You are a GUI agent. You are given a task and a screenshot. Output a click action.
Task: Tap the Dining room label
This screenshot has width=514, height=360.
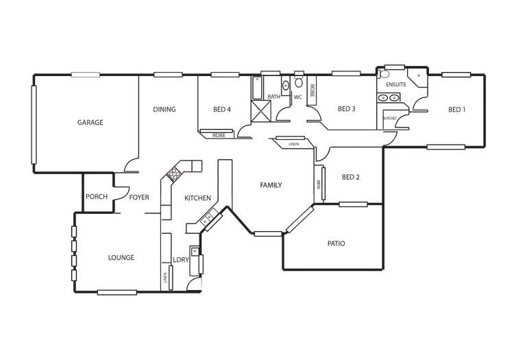pos(164,110)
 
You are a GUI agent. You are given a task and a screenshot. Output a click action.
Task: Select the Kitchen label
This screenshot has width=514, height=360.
pos(196,197)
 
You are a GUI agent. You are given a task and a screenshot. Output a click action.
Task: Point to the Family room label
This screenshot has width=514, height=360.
pos(271,187)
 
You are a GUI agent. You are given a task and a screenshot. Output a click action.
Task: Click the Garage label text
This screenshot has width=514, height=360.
pos(89,122)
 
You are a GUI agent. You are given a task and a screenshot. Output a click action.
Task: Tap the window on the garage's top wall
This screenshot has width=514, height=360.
pos(87,70)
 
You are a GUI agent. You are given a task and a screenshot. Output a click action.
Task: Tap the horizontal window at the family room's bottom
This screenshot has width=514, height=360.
pos(268,235)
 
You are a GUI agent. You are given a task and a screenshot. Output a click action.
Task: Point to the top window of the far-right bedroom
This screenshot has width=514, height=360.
pos(454,73)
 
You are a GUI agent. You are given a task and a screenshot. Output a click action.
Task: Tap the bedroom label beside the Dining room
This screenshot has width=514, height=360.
pos(221,110)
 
